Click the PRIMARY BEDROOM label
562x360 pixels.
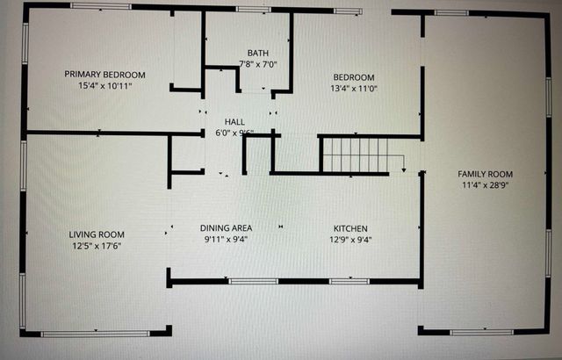[104, 75]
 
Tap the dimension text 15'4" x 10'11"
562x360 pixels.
[104, 86]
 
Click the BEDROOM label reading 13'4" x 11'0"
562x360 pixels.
[353, 76]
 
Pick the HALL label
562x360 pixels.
[234, 122]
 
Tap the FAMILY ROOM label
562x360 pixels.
[485, 174]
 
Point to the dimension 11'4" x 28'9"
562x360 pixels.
[485, 185]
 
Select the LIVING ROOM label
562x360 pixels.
[97, 234]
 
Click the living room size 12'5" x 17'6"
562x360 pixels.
[97, 247]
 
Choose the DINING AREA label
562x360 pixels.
[226, 227]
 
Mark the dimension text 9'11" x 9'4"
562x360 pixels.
[226, 239]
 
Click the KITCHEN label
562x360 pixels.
[349, 227]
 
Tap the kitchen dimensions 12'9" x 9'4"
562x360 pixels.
[349, 239]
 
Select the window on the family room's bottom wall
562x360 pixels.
[484, 333]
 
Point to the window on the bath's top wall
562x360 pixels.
[253, 10]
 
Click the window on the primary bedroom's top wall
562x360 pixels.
[100, 6]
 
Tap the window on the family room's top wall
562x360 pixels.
[452, 12]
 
